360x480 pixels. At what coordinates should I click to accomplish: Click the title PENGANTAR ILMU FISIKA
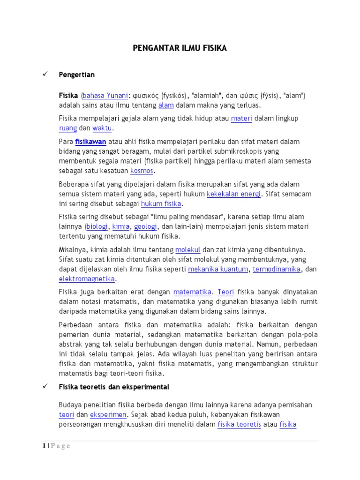(180, 48)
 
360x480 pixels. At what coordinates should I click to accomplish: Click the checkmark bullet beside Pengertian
(45, 75)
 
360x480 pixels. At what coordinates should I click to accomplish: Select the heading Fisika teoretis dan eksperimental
(114, 387)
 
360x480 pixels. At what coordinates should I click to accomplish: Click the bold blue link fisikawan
(91, 142)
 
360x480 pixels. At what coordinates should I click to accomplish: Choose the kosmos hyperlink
(142, 171)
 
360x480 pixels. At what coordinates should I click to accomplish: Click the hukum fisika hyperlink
(161, 203)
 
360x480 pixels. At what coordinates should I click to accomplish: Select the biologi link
(97, 226)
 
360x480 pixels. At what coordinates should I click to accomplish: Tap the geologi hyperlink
(145, 226)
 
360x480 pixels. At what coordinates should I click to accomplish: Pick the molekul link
(187, 249)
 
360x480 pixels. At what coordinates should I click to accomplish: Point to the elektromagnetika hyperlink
(87, 279)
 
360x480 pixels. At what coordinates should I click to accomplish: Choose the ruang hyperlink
(67, 128)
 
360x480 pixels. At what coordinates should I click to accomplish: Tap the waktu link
(102, 128)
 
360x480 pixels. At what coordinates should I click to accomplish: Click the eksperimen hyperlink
(108, 415)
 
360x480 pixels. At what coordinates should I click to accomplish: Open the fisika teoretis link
(239, 425)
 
